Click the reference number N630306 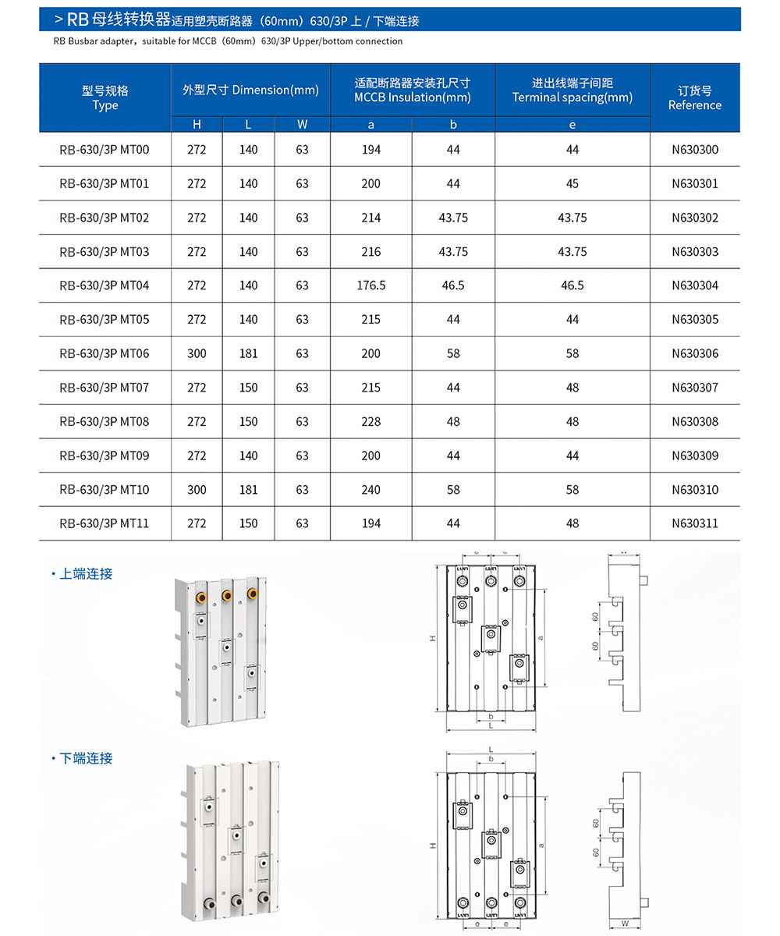pos(695,353)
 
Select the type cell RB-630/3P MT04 pos(104,285)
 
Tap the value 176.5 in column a pos(371,285)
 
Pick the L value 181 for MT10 pos(248,490)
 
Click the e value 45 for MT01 pos(573,184)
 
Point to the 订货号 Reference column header pos(695,97)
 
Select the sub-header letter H pos(197,124)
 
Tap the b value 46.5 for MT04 pos(453,285)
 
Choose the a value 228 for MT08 pos(371,422)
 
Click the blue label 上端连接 pos(86,574)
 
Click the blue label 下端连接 pos(86,758)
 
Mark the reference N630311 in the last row pos(695,523)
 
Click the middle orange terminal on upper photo pos(227,597)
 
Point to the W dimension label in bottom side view pos(626,924)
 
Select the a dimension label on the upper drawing pos(541,637)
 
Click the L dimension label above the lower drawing pos(490,749)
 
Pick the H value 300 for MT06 pos(197,353)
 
